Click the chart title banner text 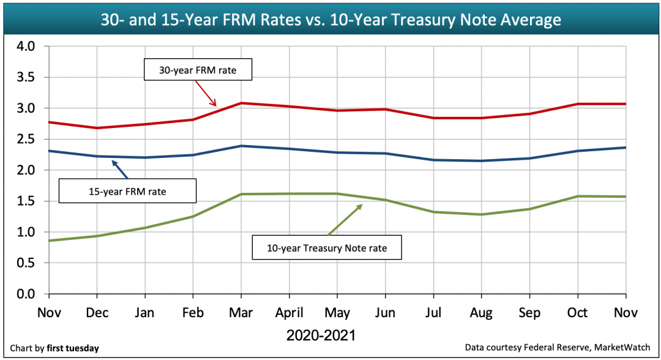(x=330, y=20)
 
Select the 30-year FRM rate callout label (x=198, y=70)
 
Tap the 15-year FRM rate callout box (x=127, y=192)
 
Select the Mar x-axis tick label (x=241, y=313)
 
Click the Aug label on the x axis (x=481, y=313)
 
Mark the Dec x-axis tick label (x=97, y=313)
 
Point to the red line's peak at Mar (x=241, y=103)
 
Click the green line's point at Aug (x=481, y=214)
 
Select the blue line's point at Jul (x=433, y=160)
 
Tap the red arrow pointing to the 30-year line (x=209, y=97)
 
